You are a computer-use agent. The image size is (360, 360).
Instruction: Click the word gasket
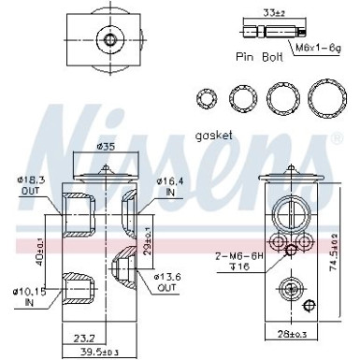click(215, 135)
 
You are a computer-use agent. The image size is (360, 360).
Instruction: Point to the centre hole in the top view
click(111, 39)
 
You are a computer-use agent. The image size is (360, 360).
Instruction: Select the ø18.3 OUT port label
click(30, 184)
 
